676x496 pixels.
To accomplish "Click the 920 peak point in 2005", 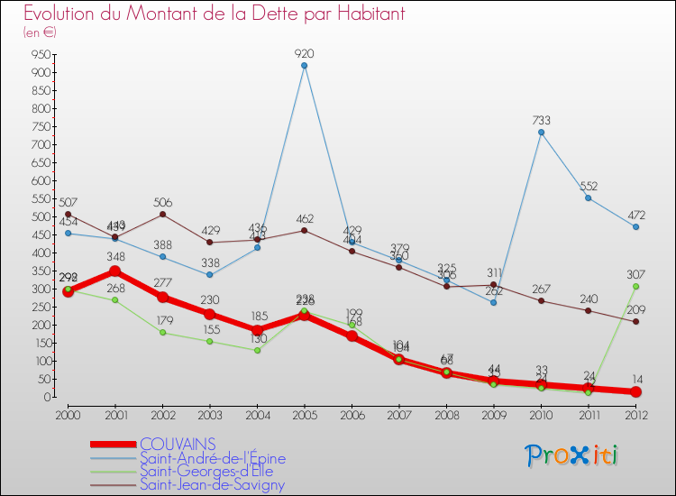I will [305, 66].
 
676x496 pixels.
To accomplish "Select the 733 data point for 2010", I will [541, 133].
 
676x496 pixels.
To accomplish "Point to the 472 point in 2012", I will [635, 227].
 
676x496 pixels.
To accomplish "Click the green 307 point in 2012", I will [635, 287].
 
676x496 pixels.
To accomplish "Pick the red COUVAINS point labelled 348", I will [114, 271].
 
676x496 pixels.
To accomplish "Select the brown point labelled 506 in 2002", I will [162, 214].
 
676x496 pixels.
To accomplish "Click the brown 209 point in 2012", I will [635, 322].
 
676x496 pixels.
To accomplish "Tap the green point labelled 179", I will [162, 333].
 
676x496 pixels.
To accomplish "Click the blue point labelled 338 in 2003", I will [210, 275].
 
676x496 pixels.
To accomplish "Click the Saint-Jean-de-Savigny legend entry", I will [212, 485].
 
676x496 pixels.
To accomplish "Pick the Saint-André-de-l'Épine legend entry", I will [212, 458].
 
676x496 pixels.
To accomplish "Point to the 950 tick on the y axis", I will [39, 54].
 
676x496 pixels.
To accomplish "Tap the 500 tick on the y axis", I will [39, 216].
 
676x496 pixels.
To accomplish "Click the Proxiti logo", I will [572, 455].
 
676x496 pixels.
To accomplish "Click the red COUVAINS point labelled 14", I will [635, 392].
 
